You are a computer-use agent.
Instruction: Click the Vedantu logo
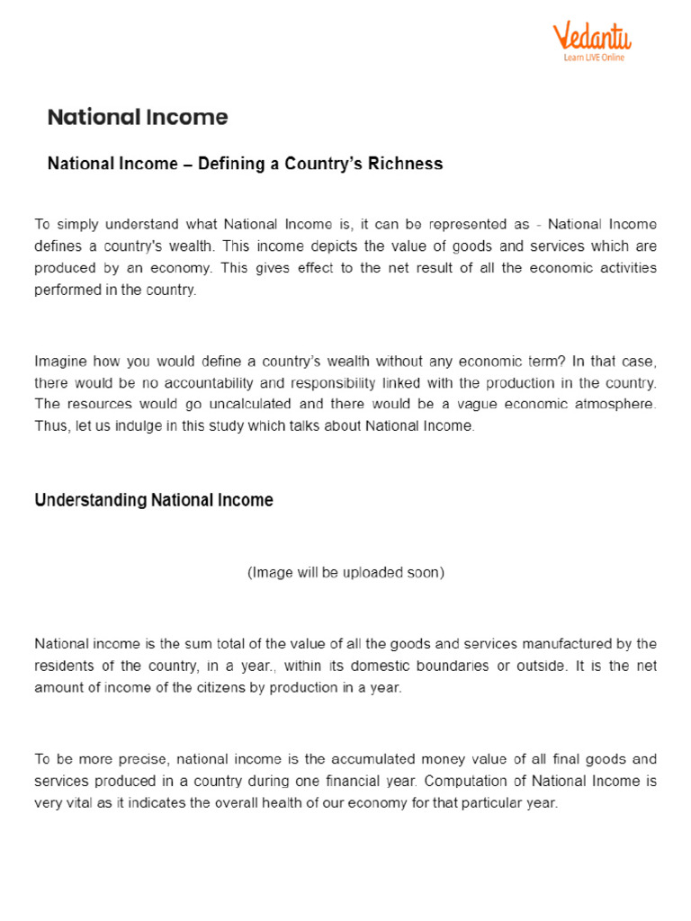[x=591, y=37]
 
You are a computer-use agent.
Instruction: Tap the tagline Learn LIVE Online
[x=593, y=58]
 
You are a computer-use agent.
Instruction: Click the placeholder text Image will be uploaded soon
[x=345, y=572]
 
